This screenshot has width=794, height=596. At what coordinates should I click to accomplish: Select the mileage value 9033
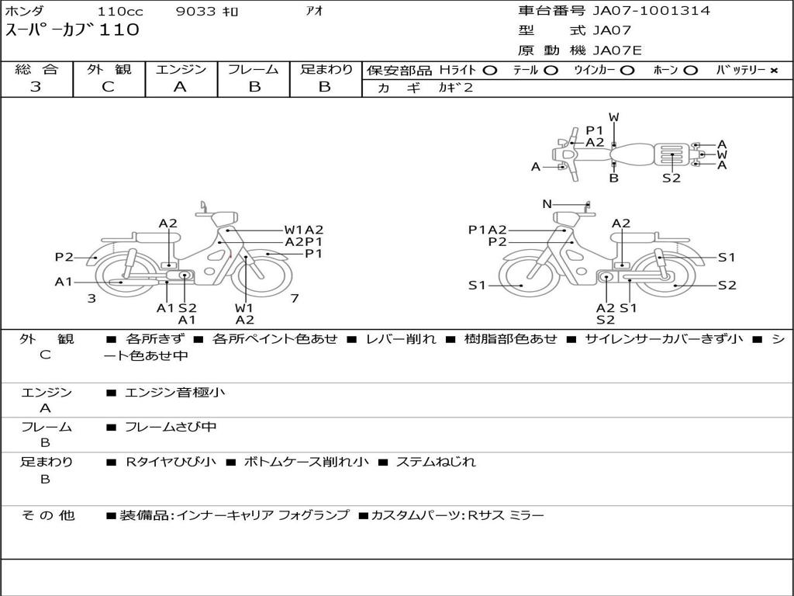click(x=195, y=11)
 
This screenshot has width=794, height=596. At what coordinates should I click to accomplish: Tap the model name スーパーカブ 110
click(x=72, y=30)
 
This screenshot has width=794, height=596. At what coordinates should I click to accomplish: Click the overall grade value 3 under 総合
click(x=36, y=87)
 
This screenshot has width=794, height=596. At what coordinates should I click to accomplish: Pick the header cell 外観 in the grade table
click(x=109, y=69)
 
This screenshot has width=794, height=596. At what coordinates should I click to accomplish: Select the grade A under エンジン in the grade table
click(x=180, y=87)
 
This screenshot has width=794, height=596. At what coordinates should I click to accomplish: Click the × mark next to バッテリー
click(x=774, y=71)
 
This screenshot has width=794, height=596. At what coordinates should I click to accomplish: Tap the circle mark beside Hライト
click(x=490, y=71)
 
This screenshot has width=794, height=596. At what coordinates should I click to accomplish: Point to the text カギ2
click(x=455, y=88)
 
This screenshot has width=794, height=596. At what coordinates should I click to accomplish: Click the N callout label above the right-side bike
click(x=547, y=204)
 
